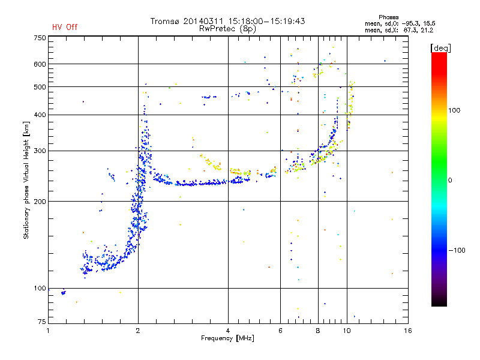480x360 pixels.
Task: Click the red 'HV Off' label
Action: pos(65,27)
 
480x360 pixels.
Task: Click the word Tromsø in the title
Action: pos(167,21)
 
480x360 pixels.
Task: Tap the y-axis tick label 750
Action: pos(39,38)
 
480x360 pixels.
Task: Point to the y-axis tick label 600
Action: pos(39,64)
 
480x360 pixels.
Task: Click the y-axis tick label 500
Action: pos(39,87)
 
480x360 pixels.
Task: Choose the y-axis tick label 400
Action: pos(39,115)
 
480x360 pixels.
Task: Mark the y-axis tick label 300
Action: pos(39,151)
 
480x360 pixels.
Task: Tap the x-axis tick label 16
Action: pos(407,331)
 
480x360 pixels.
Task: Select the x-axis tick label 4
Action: pos(228,331)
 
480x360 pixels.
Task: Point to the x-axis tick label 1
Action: pos(49,331)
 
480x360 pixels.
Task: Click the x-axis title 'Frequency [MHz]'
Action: pos(227,339)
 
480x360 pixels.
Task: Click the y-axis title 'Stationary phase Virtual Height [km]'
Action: pos(26,180)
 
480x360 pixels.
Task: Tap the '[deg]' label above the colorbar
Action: pos(441,47)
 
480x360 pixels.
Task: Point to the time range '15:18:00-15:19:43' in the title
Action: pos(266,21)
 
